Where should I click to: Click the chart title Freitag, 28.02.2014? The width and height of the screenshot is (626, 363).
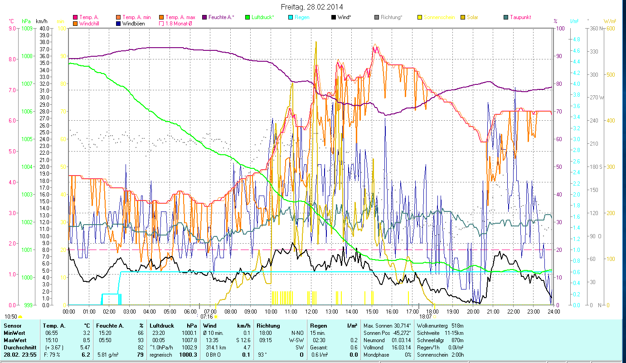click(x=312, y=7)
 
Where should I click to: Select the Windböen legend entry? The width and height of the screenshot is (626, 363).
click(x=133, y=23)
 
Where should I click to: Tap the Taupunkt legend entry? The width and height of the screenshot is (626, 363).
click(x=520, y=17)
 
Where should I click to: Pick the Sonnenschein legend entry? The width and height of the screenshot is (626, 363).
click(x=439, y=17)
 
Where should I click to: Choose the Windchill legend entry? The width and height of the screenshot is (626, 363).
click(x=91, y=23)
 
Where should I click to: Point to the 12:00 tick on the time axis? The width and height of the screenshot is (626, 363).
click(x=311, y=312)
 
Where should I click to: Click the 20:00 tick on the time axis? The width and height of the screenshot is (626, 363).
click(x=473, y=312)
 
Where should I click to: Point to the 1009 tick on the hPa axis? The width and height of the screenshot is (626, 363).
click(x=26, y=28)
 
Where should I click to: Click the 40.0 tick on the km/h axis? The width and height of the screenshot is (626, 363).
click(x=45, y=28)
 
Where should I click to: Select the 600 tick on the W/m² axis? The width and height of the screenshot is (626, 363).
click(x=611, y=28)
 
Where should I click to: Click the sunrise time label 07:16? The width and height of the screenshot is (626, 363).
click(x=206, y=317)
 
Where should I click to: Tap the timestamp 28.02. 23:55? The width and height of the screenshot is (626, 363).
click(x=21, y=354)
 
